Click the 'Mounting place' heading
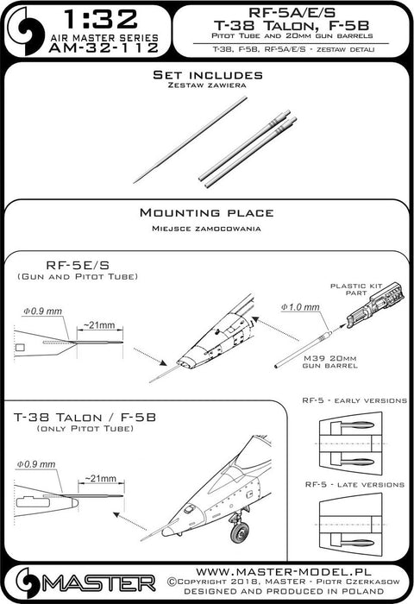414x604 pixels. click(208, 212)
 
